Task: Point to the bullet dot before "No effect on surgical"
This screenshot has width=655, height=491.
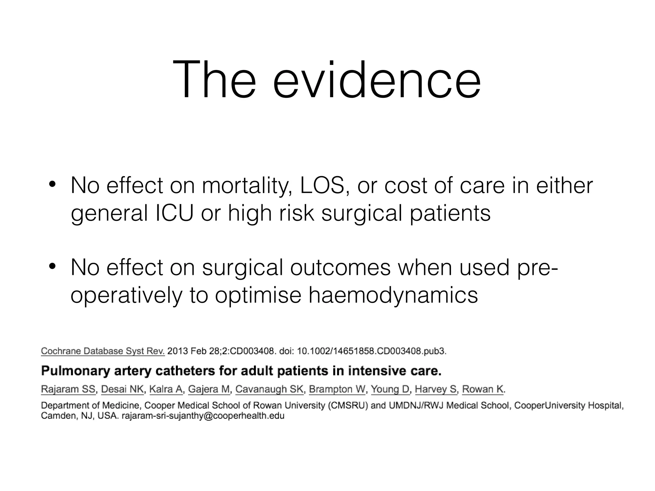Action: click(x=52, y=267)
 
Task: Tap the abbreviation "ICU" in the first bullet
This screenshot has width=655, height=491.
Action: click(x=174, y=213)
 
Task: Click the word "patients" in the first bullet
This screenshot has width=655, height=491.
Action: click(x=450, y=213)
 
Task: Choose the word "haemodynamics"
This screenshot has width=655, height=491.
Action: click(x=393, y=295)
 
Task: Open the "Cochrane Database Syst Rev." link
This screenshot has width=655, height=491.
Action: click(x=103, y=351)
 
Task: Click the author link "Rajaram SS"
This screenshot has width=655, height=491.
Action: click(x=68, y=389)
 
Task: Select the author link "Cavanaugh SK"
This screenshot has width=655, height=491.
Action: click(x=269, y=389)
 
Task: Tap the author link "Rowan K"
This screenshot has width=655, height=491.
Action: click(x=483, y=389)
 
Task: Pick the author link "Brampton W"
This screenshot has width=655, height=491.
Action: click(x=337, y=389)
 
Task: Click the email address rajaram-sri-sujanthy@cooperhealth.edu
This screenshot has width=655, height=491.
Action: click(x=203, y=416)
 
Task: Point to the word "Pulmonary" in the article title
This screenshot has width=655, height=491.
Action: click(x=75, y=371)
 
